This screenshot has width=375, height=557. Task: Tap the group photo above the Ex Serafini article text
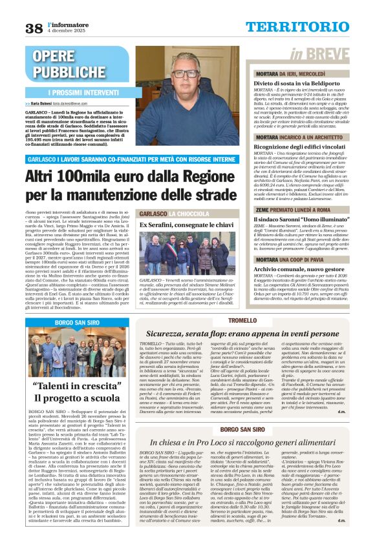(187, 254)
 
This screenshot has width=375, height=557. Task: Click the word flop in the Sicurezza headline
(219, 334)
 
